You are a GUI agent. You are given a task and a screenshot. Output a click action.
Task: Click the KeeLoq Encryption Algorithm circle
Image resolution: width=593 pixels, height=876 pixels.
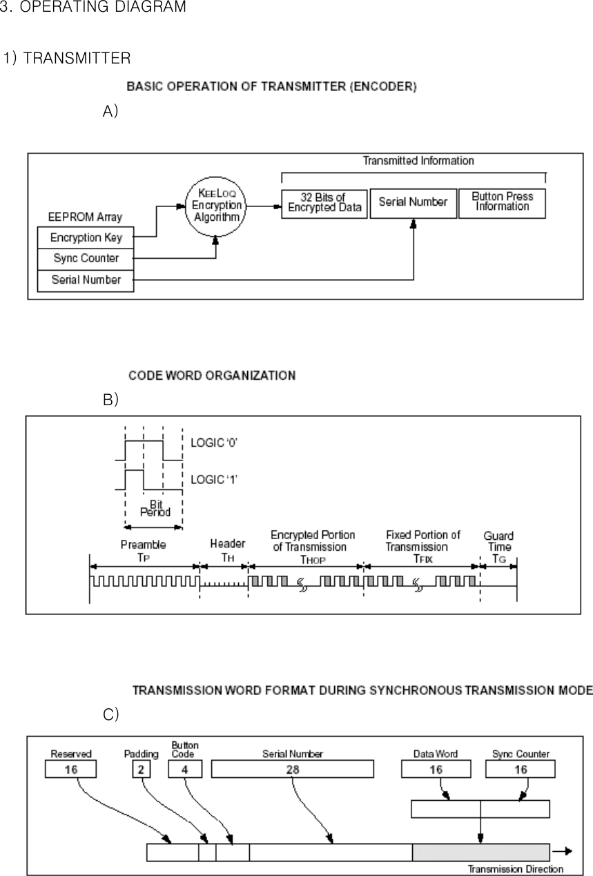tap(217, 205)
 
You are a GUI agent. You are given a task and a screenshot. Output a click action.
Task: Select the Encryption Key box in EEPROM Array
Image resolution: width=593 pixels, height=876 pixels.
tap(86, 237)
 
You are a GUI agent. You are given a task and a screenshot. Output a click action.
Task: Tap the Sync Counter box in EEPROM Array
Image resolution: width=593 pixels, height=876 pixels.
tap(86, 258)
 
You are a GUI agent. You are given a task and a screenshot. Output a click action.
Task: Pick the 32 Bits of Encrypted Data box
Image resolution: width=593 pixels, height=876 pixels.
tap(324, 203)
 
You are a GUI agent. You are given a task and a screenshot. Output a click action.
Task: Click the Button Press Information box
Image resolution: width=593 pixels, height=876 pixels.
tap(502, 203)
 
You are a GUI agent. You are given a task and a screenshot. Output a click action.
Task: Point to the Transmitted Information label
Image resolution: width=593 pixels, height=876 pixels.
tap(418, 161)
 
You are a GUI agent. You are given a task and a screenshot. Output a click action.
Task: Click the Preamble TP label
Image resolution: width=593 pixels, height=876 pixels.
tap(143, 550)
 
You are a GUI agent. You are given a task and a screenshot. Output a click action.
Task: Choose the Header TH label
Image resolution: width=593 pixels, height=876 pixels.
tap(227, 549)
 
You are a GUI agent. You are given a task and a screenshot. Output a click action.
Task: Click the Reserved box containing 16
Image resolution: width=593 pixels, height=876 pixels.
tap(71, 769)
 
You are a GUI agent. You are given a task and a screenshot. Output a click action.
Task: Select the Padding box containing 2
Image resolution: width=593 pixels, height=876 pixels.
tap(142, 769)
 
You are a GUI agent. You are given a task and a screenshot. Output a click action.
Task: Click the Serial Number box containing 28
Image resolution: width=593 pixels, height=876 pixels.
tap(292, 769)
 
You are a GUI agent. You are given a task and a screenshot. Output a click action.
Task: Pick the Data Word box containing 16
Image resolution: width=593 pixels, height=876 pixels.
tap(436, 769)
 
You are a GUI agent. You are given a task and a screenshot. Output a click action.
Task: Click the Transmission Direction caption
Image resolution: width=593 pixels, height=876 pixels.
tap(516, 869)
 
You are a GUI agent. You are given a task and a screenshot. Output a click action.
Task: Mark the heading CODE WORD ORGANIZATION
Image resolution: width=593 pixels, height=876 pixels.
tap(212, 376)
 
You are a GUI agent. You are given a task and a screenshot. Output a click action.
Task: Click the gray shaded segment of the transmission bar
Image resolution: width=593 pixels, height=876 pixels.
tap(480, 852)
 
